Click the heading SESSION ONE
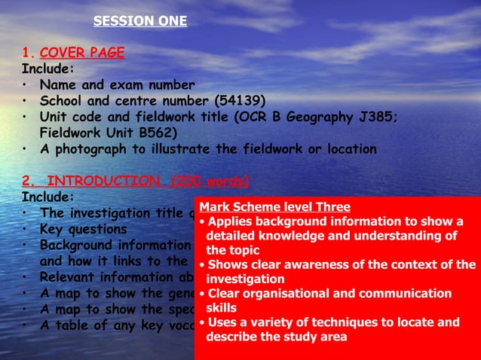tap(139, 21)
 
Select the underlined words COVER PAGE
tap(82, 53)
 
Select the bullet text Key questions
tap(84, 229)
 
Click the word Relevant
tap(69, 277)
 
